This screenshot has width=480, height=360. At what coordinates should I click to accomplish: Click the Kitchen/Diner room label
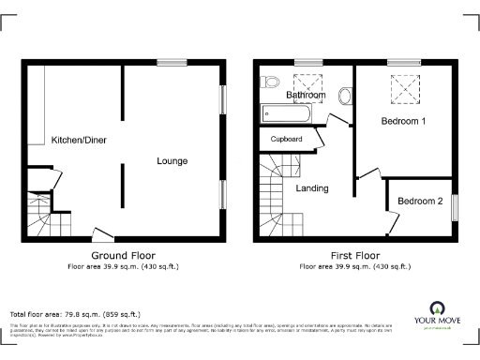tap(79, 138)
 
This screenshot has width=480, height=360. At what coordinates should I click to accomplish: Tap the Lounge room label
tap(172, 161)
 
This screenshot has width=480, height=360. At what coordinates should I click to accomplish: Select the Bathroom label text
tap(306, 96)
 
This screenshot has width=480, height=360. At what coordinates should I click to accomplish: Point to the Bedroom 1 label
tap(404, 122)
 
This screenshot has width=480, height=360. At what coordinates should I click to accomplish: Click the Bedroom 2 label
tap(419, 202)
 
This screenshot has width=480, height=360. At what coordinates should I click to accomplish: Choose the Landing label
tap(312, 188)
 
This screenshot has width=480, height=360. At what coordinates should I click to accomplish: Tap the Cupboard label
tap(286, 140)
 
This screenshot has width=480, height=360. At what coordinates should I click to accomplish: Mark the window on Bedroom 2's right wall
tap(454, 206)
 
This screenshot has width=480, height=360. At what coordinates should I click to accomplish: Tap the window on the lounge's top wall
tap(171, 63)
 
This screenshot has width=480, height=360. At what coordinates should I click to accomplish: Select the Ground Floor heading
tap(123, 255)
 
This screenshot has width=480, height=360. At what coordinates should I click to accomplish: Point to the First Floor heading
tap(354, 255)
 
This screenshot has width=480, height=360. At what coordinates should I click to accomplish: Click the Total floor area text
tap(75, 314)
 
